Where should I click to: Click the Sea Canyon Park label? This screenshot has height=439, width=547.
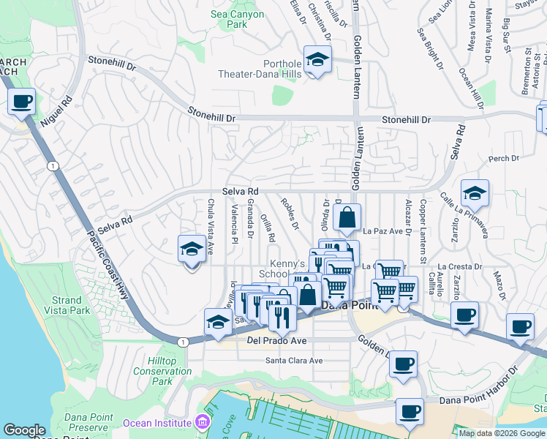click(x=237, y=19)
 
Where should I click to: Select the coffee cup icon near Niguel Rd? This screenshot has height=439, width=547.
click(x=22, y=101)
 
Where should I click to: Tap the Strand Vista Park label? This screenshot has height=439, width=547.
click(x=67, y=306)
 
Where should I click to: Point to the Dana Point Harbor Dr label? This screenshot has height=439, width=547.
click(x=478, y=400)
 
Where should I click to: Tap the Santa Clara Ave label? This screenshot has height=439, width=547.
click(x=293, y=361)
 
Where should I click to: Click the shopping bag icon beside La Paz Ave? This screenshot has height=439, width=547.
click(x=347, y=217)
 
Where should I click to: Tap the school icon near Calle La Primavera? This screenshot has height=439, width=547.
click(x=475, y=194)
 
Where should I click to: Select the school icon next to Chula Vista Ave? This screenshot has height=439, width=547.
click(x=192, y=249)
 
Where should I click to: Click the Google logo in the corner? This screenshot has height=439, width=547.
click(x=25, y=431)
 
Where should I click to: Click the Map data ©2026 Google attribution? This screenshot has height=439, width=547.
click(x=501, y=433)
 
